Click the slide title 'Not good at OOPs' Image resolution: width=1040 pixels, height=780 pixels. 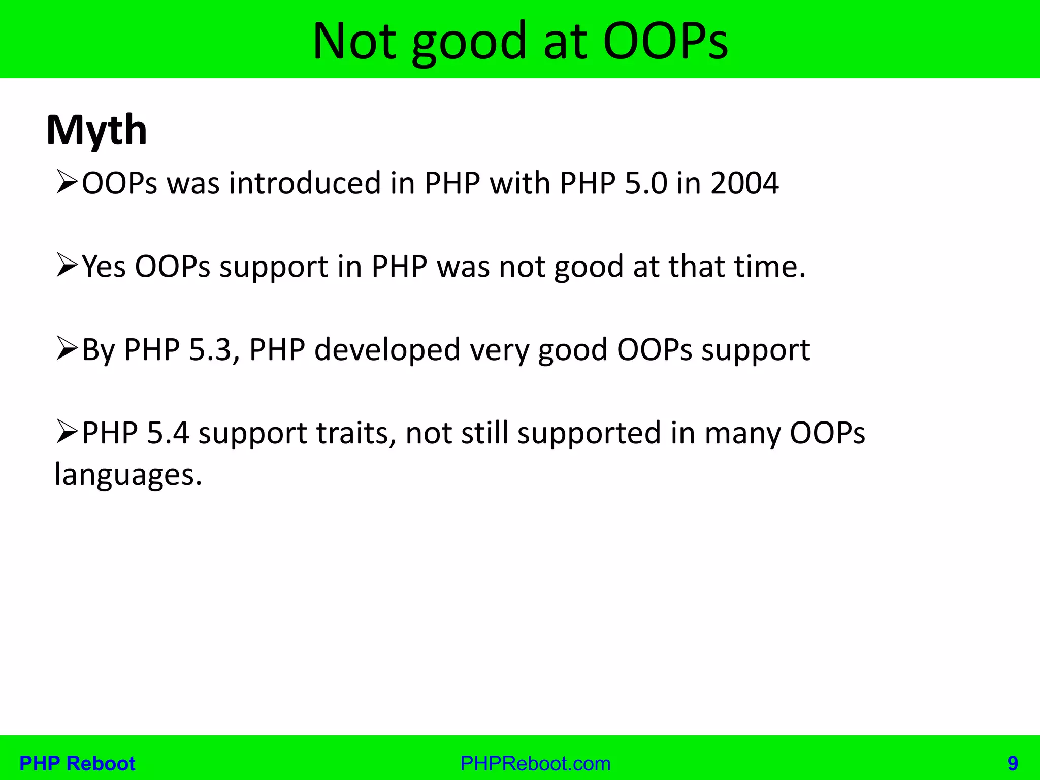520,41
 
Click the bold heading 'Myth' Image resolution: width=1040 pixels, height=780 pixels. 96,131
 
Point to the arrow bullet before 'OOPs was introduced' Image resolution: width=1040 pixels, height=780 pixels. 67,182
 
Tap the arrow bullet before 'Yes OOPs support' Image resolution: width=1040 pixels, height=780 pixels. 67,266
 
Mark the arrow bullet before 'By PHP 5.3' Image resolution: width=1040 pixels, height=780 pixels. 67,349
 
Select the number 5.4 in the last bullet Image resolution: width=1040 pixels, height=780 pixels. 168,433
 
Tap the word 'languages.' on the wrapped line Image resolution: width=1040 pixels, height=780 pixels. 128,475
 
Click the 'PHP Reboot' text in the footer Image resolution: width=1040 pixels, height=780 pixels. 77,763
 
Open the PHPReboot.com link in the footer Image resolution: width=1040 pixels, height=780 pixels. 535,763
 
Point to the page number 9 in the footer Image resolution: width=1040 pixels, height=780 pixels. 1013,763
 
